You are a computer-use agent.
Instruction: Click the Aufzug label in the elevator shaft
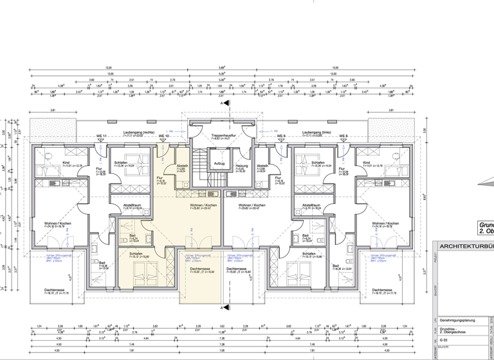tap(219, 164)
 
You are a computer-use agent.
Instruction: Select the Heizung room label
tap(241, 166)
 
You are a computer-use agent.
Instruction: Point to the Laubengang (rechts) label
tap(139, 132)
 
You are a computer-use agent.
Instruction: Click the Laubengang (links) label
tap(315, 132)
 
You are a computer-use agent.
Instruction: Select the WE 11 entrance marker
tap(101, 136)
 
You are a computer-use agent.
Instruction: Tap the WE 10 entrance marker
tap(163, 136)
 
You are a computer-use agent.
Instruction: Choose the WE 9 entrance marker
tap(281, 136)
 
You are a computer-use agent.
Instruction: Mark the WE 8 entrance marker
tap(343, 136)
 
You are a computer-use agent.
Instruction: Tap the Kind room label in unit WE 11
tap(66, 163)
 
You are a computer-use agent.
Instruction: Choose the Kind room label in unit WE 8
tap(367, 163)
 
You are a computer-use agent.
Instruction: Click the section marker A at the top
tap(223, 103)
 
